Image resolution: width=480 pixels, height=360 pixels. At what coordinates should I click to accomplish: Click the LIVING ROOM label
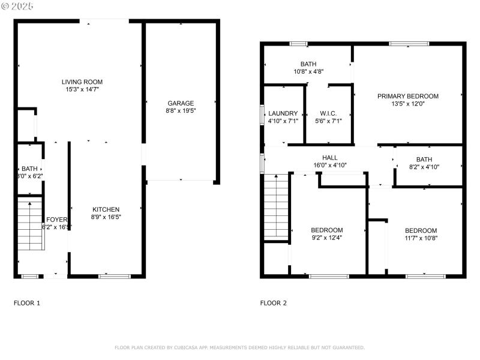coord(82,82)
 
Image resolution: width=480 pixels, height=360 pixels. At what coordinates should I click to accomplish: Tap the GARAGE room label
coord(181,103)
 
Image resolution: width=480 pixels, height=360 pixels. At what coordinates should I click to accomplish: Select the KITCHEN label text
coord(106,209)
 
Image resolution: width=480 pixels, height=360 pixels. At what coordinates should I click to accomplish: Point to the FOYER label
coord(57,220)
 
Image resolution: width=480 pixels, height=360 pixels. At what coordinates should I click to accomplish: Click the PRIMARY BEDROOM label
coord(407,96)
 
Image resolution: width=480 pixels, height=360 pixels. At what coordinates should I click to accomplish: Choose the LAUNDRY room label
coord(283,113)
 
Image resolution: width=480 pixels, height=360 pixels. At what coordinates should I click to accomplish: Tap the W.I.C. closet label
coord(328,113)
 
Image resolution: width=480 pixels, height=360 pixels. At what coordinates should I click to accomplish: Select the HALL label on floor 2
coord(329,157)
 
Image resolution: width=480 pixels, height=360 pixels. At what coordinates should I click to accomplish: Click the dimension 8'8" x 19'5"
coord(181,111)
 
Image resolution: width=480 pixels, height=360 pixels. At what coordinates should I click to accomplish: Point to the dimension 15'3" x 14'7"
coord(82,89)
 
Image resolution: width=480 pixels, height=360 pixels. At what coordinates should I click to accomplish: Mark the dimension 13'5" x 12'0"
coord(407,104)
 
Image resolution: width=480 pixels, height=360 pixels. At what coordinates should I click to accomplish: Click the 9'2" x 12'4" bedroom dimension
coord(327,238)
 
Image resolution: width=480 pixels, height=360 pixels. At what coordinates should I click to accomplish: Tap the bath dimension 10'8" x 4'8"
coord(308,71)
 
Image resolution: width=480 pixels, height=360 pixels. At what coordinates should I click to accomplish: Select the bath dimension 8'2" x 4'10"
coord(424,167)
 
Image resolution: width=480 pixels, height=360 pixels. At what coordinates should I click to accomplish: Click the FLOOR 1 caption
coord(27,303)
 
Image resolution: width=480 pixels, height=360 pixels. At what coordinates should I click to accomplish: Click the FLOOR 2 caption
coord(273,303)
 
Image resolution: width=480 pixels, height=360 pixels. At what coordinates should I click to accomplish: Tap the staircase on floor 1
coord(30,226)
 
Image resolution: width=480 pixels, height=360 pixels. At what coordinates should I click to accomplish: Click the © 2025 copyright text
coord(18,5)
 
